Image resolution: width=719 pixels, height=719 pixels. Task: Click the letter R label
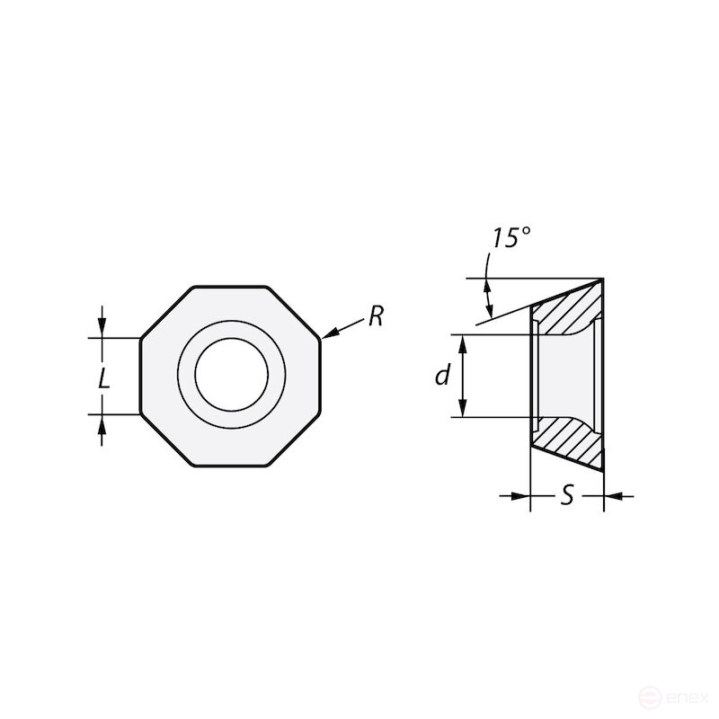coord(375,316)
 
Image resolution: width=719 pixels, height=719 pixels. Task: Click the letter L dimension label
coord(104,378)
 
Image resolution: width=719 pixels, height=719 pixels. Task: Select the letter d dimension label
coord(442,376)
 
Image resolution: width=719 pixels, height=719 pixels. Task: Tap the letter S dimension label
coord(567,495)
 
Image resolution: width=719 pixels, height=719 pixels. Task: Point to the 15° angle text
coord(510,238)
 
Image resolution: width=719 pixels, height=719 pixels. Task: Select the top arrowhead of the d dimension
coord(464,342)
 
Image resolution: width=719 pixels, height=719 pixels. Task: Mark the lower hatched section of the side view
coord(566,440)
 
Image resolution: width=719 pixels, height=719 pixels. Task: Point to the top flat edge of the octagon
coord(231,287)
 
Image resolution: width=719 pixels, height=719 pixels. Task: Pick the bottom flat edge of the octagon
coord(231,466)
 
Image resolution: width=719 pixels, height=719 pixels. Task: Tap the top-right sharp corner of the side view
coord(602,279)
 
